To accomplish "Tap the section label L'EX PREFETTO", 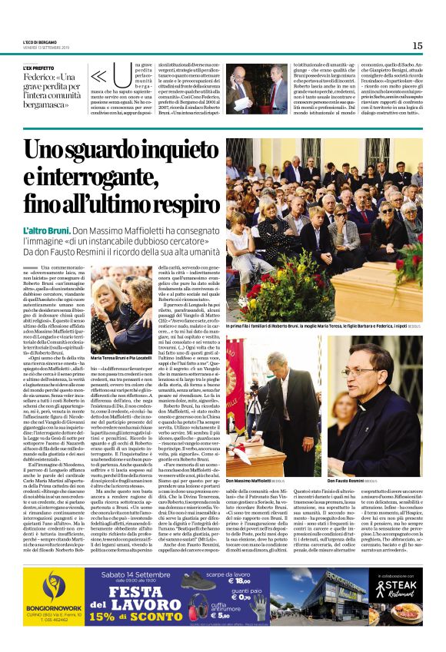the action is [x=39, y=68].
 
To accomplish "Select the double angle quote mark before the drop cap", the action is [x=98, y=78].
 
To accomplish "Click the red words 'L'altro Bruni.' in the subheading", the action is [x=48, y=231].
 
